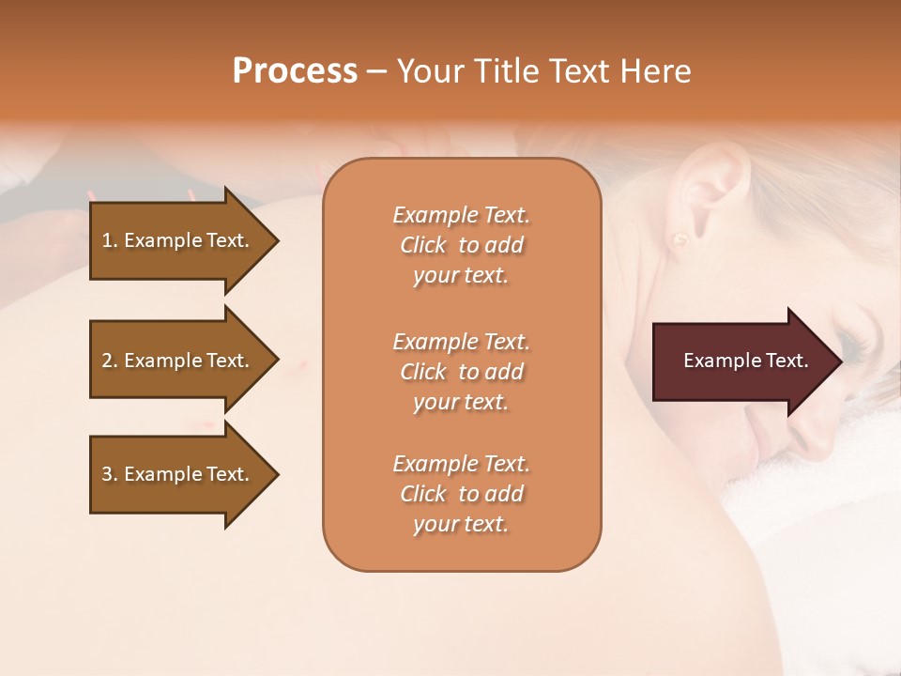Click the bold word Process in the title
click(x=295, y=71)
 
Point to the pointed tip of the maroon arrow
click(x=840, y=361)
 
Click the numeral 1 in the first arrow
click(x=107, y=240)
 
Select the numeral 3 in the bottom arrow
click(x=107, y=474)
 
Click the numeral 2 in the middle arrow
click(x=107, y=361)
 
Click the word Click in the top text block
click(x=422, y=245)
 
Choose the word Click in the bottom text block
click(x=422, y=494)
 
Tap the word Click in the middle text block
click(x=422, y=372)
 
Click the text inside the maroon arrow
click(x=746, y=361)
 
